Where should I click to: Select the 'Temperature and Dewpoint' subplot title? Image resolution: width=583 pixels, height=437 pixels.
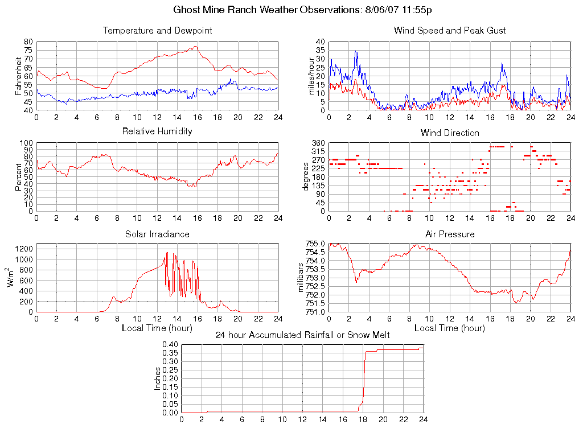point(157,31)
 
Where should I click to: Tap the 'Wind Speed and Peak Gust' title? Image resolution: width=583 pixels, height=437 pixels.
point(450,31)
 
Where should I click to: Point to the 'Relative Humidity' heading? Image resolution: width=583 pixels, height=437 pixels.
point(157,131)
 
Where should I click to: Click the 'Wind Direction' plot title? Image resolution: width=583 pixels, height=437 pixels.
point(450,133)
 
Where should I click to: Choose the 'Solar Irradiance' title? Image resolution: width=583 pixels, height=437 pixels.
point(157,234)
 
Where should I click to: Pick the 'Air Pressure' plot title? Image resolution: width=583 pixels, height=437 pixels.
point(450,234)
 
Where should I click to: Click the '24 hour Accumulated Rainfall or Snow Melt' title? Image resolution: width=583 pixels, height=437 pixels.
point(302,335)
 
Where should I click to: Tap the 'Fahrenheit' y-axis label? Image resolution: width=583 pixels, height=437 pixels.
point(19,76)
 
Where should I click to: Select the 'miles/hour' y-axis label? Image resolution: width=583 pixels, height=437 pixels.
point(311,76)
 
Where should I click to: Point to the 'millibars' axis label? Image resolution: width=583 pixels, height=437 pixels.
point(302,278)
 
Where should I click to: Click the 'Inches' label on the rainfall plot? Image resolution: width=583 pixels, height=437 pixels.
point(158,378)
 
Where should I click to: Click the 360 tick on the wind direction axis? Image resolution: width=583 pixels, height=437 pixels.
point(318,143)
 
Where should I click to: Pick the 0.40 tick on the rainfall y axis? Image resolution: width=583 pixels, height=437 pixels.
point(170,345)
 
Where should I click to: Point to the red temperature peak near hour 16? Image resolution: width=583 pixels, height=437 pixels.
point(195,47)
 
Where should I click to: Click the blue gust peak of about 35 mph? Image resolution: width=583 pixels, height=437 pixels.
point(356,51)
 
